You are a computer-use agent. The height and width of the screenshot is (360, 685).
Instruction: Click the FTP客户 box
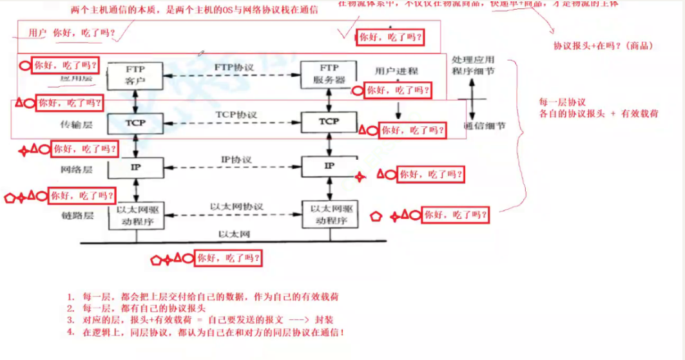coord(135,75)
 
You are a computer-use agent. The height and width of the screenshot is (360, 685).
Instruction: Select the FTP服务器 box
coord(329,74)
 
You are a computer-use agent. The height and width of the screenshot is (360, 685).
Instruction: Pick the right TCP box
coord(329,121)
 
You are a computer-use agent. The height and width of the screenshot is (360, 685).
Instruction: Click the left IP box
coord(135,167)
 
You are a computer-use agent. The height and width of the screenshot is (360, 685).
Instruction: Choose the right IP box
coord(329,167)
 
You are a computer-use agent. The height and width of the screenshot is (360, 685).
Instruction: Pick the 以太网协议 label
coord(236,206)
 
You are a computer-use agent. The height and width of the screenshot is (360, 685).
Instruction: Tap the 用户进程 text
coord(396,71)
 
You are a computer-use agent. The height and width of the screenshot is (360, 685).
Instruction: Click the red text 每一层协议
coord(562,102)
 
